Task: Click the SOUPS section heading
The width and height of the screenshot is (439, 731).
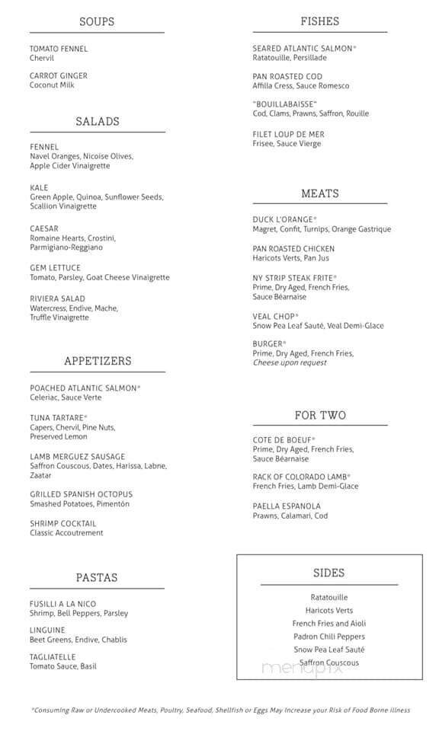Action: click(x=97, y=21)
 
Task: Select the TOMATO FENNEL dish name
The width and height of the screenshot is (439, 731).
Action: click(x=59, y=49)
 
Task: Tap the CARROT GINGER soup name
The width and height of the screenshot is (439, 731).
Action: click(x=59, y=76)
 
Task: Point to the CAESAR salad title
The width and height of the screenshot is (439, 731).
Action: click(x=44, y=228)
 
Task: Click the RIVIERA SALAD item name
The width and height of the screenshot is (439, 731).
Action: click(x=58, y=298)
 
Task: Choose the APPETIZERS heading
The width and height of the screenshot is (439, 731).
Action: click(x=98, y=361)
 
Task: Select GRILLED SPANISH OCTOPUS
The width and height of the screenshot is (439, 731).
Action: click(x=81, y=494)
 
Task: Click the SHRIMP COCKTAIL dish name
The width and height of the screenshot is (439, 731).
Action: click(x=63, y=523)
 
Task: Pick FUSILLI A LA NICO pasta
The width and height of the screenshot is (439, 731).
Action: click(x=63, y=604)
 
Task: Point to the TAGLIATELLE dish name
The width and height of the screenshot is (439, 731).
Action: click(x=53, y=657)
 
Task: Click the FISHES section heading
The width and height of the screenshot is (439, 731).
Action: click(x=320, y=21)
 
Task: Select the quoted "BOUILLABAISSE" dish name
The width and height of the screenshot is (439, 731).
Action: click(x=284, y=104)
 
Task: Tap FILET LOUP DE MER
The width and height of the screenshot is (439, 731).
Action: click(x=288, y=134)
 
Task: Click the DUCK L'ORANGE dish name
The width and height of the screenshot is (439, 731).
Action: click(x=284, y=219)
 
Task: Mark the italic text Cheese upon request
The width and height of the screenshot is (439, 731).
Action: click(x=289, y=362)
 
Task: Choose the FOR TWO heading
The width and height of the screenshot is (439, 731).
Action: click(x=320, y=415)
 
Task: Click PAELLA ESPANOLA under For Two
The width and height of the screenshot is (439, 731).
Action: click(x=287, y=506)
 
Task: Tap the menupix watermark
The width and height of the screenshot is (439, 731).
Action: click(x=302, y=668)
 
